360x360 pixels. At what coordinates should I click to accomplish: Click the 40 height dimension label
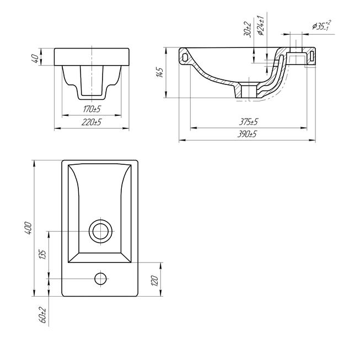35,60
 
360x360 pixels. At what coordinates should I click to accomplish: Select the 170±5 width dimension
92,109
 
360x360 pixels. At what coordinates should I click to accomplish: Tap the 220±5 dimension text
92,122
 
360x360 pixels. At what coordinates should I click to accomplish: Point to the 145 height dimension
159,73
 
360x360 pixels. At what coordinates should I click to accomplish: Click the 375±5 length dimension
249,121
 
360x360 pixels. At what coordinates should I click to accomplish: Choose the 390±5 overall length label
247,133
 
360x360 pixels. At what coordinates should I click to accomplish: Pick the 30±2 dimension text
247,30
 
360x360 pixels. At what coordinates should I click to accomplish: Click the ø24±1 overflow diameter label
260,25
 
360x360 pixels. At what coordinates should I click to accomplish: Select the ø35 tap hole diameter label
321,25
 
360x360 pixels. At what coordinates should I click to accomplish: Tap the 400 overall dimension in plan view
28,228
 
